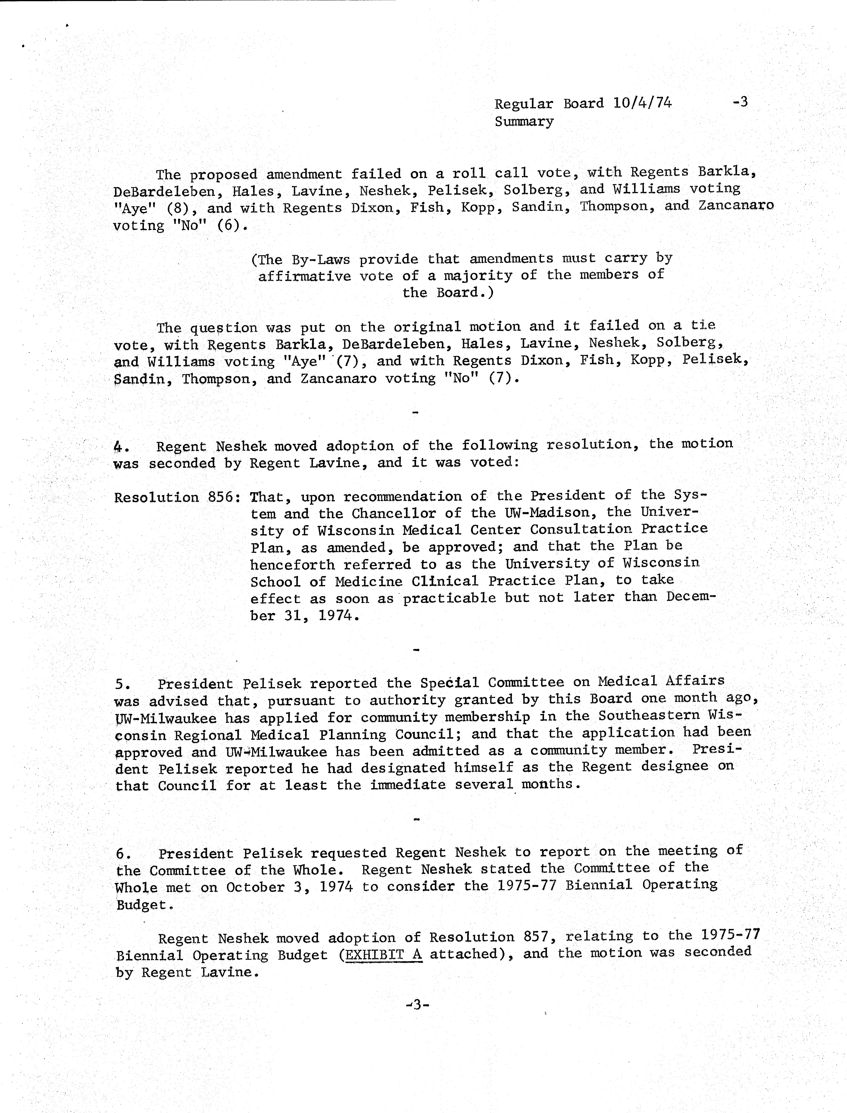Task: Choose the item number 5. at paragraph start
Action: click(123, 684)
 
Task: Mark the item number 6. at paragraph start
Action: click(124, 854)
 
